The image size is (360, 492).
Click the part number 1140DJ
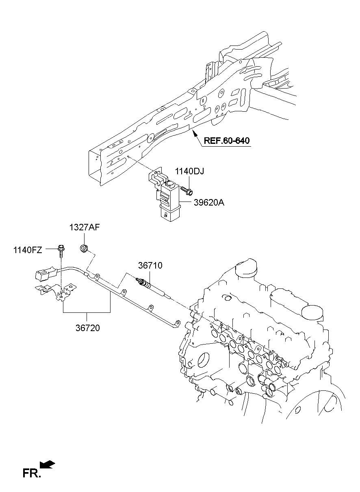pyautogui.click(x=189, y=171)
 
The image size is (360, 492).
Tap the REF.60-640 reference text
pyautogui.click(x=226, y=141)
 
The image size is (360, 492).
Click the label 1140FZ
pyautogui.click(x=27, y=250)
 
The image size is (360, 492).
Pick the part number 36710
pyautogui.click(x=150, y=266)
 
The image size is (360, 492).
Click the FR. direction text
pyautogui.click(x=32, y=473)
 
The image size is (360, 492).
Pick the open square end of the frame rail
pyautogui.click(x=95, y=165)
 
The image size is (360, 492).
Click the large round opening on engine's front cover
pyautogui.click(x=203, y=361)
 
